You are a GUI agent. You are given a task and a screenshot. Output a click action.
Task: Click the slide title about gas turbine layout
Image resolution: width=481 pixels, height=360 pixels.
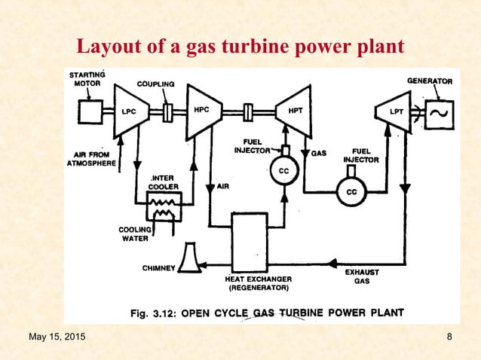pos(240,47)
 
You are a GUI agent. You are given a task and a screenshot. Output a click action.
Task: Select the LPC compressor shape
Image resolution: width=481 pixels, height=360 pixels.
pos(130,111)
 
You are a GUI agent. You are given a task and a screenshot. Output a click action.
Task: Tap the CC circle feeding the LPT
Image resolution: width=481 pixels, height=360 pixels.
pos(351,192)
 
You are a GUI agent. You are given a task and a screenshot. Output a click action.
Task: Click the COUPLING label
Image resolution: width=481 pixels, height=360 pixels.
pos(155,84)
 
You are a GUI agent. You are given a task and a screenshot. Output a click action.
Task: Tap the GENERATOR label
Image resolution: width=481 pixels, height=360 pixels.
pos(430,81)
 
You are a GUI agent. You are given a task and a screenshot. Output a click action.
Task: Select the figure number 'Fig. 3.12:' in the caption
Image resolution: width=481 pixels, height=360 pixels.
pos(156,313)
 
